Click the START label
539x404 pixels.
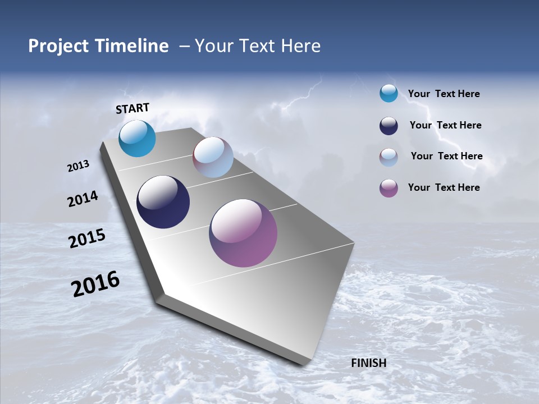(x=133, y=108)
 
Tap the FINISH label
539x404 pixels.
(x=368, y=363)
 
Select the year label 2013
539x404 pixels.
(x=78, y=166)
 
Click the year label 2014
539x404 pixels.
(x=83, y=199)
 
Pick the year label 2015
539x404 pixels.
(x=87, y=238)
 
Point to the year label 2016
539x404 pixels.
(x=95, y=284)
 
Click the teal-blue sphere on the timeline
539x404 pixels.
(x=137, y=139)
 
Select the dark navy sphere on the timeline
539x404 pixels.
(x=163, y=202)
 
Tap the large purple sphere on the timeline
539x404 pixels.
(x=243, y=233)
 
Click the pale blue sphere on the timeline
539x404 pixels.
(x=213, y=157)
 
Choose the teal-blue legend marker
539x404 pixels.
(x=389, y=94)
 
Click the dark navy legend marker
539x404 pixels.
(x=389, y=126)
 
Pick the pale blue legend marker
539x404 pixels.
(x=389, y=157)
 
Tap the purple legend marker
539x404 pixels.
(x=389, y=188)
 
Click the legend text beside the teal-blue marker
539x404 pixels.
(x=444, y=94)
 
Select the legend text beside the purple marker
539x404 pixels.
(x=444, y=187)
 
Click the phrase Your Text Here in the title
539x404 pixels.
(x=258, y=46)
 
